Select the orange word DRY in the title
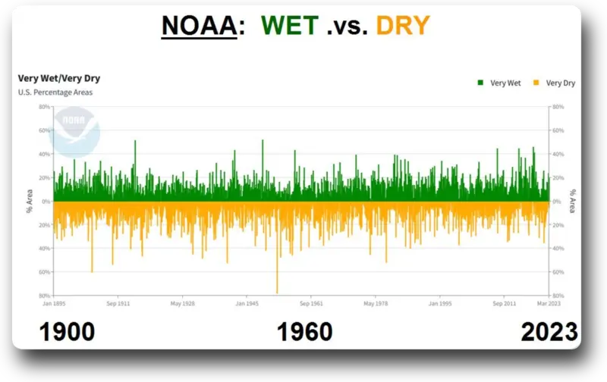[403, 27]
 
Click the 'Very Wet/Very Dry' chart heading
[59, 78]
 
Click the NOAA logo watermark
[75, 131]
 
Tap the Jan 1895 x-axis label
[53, 303]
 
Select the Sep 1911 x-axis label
[118, 303]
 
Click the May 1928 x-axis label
[182, 303]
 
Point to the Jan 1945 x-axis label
[247, 303]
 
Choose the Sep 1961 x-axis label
[311, 303]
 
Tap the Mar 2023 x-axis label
[549, 303]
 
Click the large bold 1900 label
[66, 331]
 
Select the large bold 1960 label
[304, 331]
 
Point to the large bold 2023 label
[549, 331]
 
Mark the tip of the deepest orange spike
[277, 293]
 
